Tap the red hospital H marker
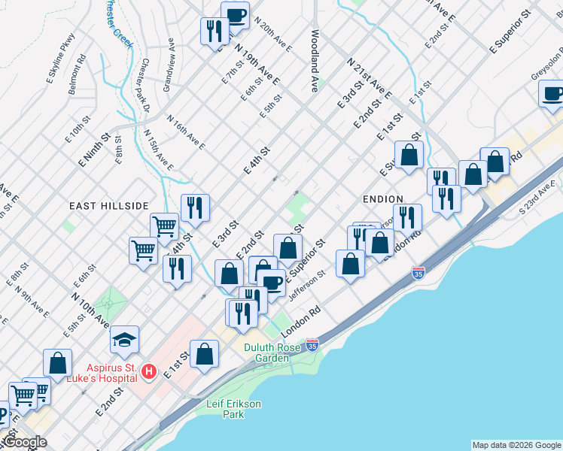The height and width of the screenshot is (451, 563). tap(149, 371)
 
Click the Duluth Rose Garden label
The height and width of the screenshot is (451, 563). tap(266, 353)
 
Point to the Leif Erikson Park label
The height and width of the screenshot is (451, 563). tap(233, 409)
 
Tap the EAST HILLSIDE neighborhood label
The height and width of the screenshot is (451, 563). tap(109, 206)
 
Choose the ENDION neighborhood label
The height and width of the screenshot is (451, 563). tap(384, 198)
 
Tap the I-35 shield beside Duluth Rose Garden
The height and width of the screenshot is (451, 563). tap(312, 346)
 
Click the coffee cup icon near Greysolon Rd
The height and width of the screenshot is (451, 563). tap(552, 94)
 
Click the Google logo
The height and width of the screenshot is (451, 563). tap(25, 442)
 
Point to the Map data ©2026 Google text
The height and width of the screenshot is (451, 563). tap(516, 445)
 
